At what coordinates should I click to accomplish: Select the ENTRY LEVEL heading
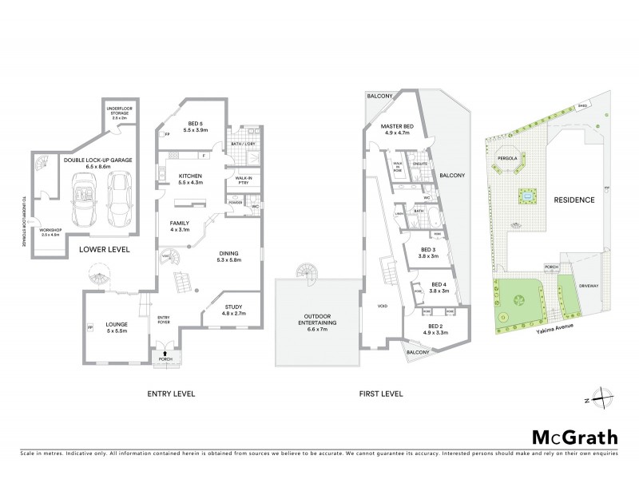tap(171, 394)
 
